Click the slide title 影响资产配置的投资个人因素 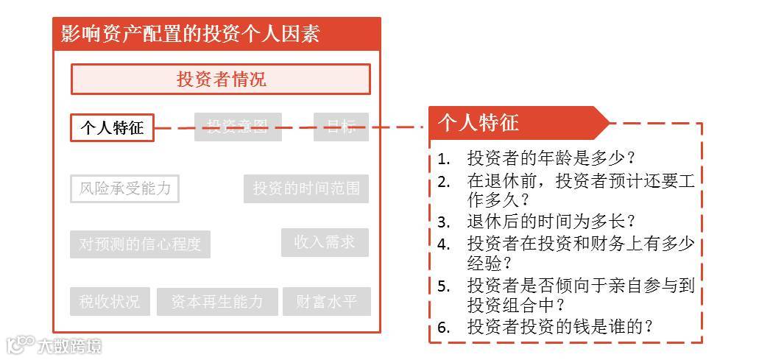pos(190,34)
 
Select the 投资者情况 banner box pos(220,80)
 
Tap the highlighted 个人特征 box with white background pos(112,128)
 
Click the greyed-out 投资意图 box pos(238,127)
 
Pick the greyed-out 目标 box pos(341,127)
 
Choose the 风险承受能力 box pos(124,188)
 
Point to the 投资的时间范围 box pos(306,188)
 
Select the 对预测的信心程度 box pos(140,244)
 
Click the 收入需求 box pos(325,242)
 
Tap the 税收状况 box pos(110,302)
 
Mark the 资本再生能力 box pos(217,302)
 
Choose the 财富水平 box pos(326,302)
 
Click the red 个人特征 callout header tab pos(515,123)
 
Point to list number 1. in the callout pos(443,158)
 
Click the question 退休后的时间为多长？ pos(551,221)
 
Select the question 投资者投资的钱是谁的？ pos(560,327)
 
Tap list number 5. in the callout pos(443,286)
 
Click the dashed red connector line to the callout pos(294,127)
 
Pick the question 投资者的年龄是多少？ pos(551,158)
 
